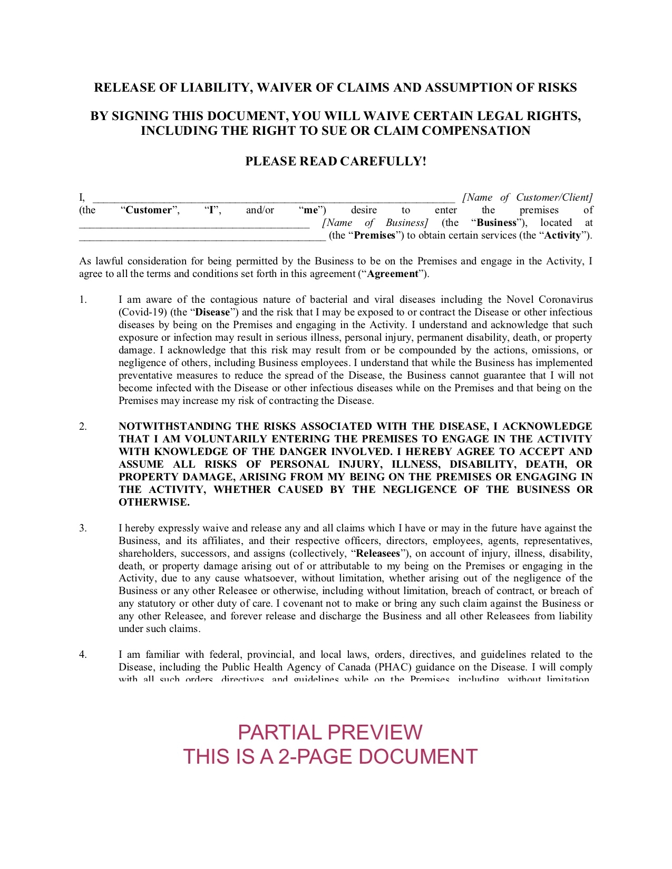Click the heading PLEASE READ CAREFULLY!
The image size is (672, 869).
click(336, 161)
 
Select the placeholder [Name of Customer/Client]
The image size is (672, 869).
click(528, 197)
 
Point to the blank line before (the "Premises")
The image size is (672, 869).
click(202, 238)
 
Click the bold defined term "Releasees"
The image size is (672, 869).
click(378, 554)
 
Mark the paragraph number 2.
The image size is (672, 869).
click(83, 426)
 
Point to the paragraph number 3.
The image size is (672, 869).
click(83, 528)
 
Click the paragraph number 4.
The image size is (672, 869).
click(83, 655)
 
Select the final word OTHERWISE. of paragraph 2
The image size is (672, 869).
click(154, 502)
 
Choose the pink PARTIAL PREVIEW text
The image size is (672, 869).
click(330, 732)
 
